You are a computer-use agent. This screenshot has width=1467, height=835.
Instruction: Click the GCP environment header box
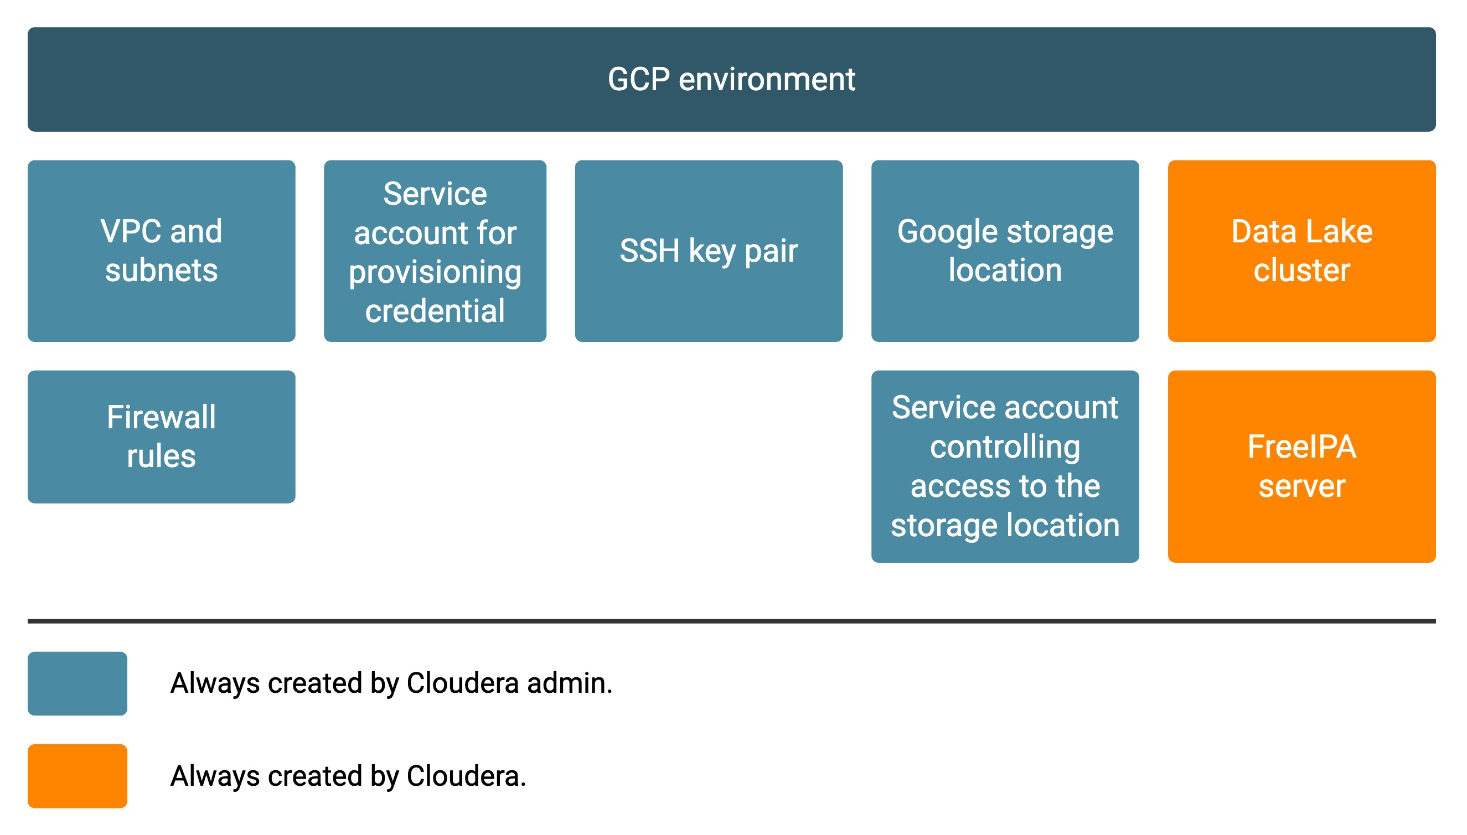coord(731,79)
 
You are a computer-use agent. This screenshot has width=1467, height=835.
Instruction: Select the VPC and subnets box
coord(161,251)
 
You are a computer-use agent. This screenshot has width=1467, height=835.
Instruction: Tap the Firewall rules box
coord(161,437)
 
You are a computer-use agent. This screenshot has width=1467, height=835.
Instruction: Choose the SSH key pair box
coord(709,251)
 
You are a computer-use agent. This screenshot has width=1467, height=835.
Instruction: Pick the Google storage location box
coord(1005,251)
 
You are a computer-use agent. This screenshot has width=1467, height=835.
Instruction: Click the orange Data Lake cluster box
coord(1302,251)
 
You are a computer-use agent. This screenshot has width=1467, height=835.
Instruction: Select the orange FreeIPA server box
coord(1302,466)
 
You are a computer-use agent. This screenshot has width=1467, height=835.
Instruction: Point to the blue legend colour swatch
coord(78,683)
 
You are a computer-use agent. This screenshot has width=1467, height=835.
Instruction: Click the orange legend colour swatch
coord(78,776)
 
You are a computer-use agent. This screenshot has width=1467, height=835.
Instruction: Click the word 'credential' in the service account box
coord(435,311)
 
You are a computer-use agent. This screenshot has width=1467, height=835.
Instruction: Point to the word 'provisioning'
coord(435,273)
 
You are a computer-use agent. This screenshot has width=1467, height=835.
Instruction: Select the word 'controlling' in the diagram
coord(1005,448)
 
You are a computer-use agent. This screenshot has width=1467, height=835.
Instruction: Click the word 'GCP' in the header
coord(638,79)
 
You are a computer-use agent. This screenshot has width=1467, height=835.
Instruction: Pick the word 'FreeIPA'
coord(1302,447)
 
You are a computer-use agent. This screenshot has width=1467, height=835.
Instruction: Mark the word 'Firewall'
coord(161,417)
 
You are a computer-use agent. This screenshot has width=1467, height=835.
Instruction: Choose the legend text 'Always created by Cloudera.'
coord(348,776)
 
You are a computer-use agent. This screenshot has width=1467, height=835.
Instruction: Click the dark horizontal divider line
coord(731,621)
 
